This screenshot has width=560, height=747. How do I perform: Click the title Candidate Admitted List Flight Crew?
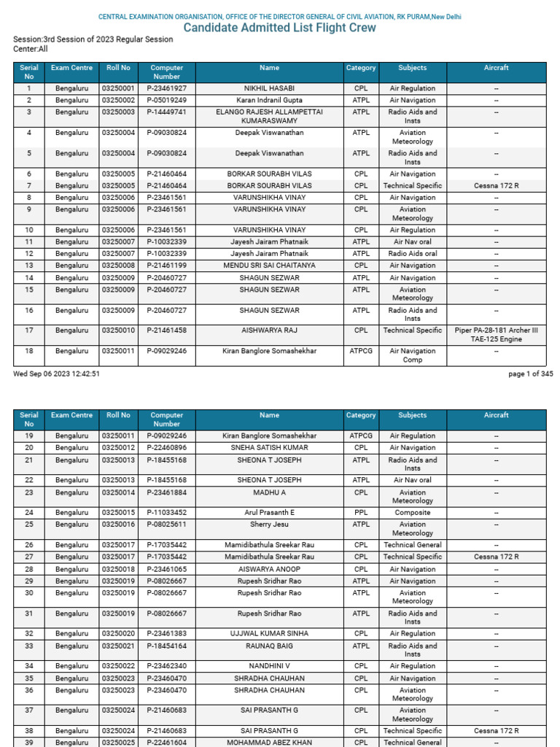click(x=279, y=28)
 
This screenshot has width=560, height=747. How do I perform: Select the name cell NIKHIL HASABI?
click(x=269, y=88)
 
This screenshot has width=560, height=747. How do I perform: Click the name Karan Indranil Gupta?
click(x=269, y=100)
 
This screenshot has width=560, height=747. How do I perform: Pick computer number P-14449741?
click(x=166, y=112)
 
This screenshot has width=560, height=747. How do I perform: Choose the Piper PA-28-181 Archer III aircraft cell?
click(x=496, y=335)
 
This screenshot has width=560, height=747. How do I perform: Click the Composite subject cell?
click(x=412, y=513)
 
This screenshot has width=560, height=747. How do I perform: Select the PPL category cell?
click(x=361, y=513)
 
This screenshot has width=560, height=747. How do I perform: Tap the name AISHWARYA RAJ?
click(x=269, y=330)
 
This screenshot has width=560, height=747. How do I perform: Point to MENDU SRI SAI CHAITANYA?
click(x=269, y=266)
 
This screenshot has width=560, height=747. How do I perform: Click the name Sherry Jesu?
click(x=269, y=525)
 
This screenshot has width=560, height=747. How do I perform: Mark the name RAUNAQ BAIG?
click(x=269, y=646)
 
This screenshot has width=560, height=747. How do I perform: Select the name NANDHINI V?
click(x=269, y=666)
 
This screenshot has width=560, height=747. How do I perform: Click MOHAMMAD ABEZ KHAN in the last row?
click(x=269, y=743)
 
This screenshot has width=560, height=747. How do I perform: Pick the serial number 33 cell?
click(x=29, y=646)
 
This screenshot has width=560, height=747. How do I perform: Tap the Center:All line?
click(x=31, y=49)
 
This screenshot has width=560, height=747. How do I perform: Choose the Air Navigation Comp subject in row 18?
click(x=412, y=355)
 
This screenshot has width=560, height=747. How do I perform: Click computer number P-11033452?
click(x=166, y=513)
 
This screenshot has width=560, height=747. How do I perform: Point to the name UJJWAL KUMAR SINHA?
click(x=269, y=634)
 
